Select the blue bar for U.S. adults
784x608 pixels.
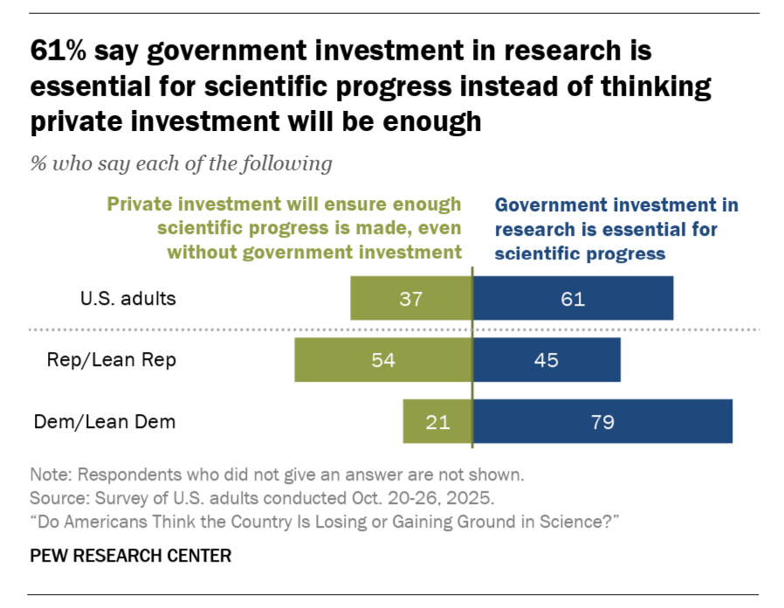[x=574, y=298]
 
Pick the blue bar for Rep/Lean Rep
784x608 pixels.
[x=547, y=360]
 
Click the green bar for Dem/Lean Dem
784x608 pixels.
[x=437, y=422]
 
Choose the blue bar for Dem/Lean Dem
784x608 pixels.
[x=602, y=422]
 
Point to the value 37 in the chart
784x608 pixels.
[x=410, y=298]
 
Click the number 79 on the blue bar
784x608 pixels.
[x=602, y=422]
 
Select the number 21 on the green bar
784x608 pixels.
[x=437, y=422]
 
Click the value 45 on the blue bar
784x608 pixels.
[x=547, y=360]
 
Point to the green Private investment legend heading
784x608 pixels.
[x=284, y=229]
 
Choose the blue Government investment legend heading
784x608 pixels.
[x=616, y=229]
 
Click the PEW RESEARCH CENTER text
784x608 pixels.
[x=131, y=556]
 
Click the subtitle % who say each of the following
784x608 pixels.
[x=181, y=163]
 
